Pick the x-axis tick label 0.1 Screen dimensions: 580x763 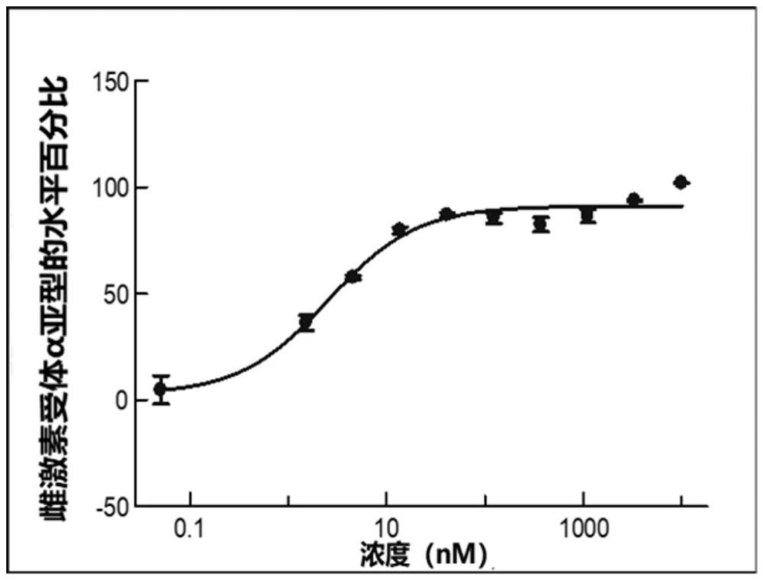(191, 529)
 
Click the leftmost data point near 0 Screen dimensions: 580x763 (160, 389)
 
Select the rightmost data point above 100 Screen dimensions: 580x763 (681, 182)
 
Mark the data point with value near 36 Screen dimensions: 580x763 (306, 322)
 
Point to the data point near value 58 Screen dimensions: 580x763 (353, 277)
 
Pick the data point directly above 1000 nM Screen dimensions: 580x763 (587, 215)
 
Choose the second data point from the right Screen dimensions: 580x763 (633, 200)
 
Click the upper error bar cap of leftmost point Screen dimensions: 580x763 (160, 376)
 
